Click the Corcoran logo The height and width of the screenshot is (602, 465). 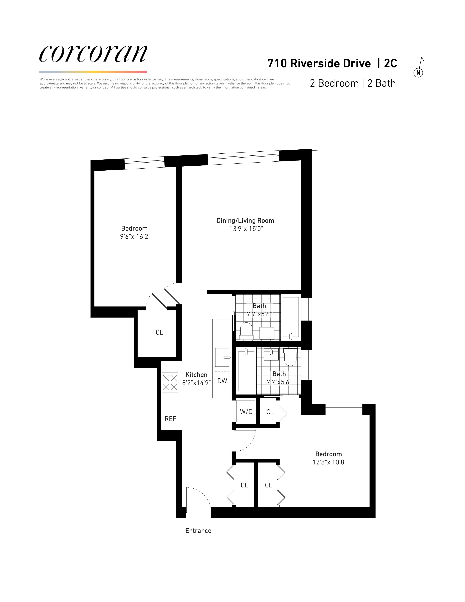[x=93, y=54]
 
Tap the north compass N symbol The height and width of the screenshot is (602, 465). [x=418, y=73]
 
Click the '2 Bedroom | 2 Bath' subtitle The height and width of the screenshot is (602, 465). [x=353, y=83]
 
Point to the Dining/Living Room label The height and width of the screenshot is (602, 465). [x=245, y=221]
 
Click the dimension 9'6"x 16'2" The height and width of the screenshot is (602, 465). [x=135, y=236]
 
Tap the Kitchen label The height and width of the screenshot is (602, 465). [x=196, y=375]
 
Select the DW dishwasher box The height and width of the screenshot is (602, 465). [x=222, y=381]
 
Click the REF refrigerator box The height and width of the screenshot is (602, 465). [x=170, y=419]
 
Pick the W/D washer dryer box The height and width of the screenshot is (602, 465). [x=246, y=412]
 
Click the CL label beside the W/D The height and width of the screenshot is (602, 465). [x=270, y=412]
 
